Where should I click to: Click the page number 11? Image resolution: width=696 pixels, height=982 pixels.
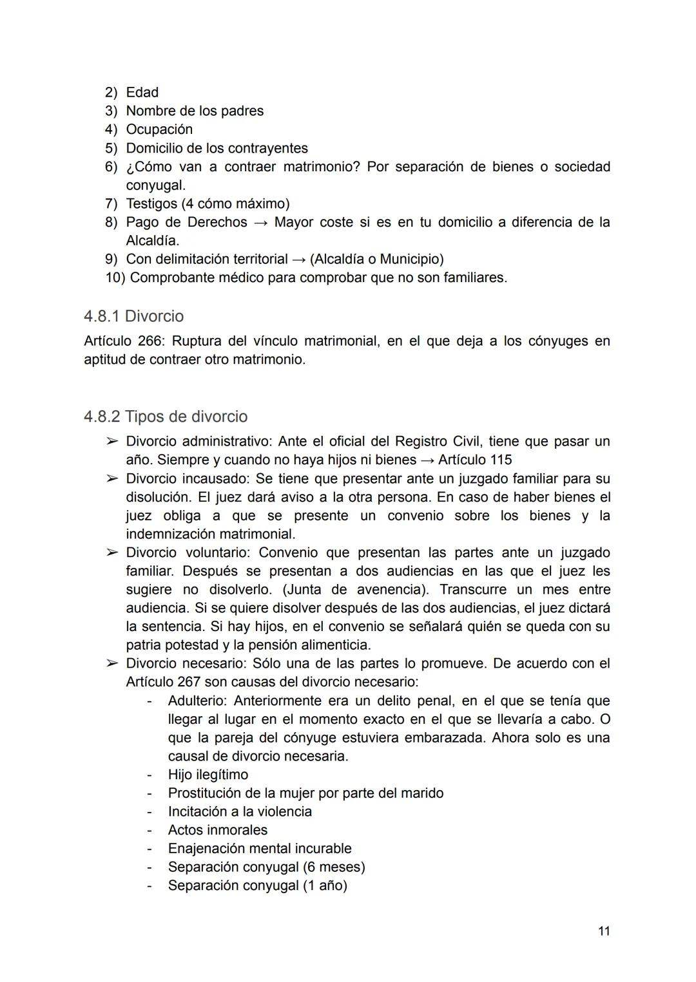click(x=603, y=931)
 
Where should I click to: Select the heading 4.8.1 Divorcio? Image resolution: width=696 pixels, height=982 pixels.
click(x=133, y=316)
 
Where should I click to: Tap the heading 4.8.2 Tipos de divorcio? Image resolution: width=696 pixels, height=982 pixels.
click(x=166, y=417)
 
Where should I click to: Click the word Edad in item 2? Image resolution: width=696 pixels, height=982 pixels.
click(x=142, y=93)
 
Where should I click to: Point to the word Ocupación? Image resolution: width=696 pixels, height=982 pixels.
click(x=159, y=129)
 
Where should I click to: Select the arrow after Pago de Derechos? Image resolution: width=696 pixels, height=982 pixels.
click(x=260, y=222)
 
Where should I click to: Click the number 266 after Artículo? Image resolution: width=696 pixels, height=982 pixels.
click(x=151, y=341)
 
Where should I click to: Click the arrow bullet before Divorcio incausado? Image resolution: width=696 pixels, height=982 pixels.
click(x=112, y=479)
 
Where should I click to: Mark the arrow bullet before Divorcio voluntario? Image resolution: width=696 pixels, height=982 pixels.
click(x=112, y=553)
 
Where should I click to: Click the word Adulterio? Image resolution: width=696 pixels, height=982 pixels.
click(x=197, y=701)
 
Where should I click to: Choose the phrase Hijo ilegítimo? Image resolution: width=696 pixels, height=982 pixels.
click(x=208, y=775)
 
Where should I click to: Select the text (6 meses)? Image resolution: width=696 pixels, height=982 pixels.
click(x=333, y=867)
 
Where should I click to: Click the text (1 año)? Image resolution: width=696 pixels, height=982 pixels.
click(x=325, y=885)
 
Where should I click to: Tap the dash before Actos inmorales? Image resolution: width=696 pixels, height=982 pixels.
click(x=150, y=830)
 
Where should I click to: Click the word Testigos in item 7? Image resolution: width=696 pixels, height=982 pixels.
click(x=151, y=204)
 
